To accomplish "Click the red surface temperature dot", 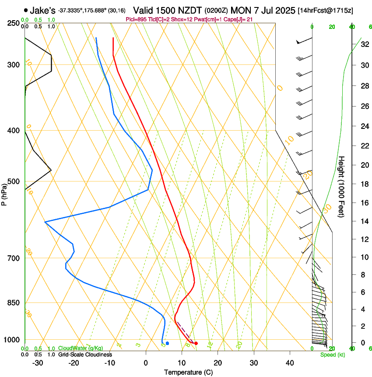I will pos(196,343).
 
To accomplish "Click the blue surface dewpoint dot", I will pos(167,343).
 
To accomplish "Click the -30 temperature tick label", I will pos(38,363).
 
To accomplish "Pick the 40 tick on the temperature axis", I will pos(290,363).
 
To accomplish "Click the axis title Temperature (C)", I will pos(188,372).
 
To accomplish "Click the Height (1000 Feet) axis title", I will pos(342,186).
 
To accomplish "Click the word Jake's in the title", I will pos(42,10).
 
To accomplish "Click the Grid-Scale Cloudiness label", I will pos(85,355).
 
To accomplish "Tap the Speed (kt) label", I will pos(332,355).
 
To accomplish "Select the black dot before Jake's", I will pos(26,10).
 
